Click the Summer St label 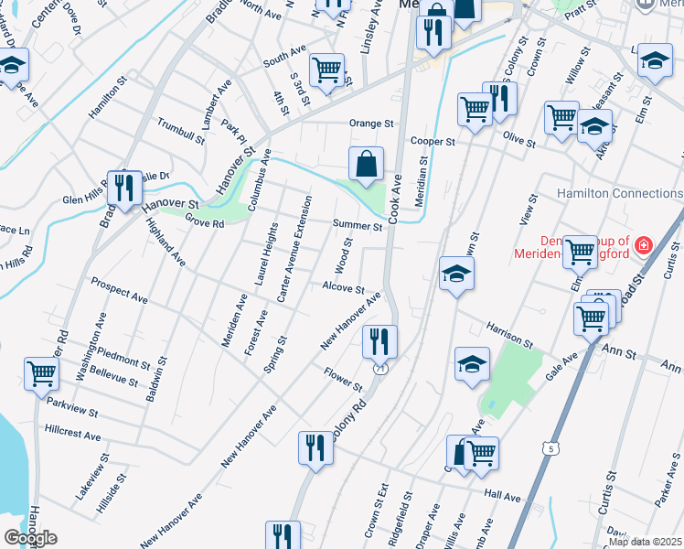(x=358, y=225)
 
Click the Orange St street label (x=371, y=124)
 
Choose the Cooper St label (x=433, y=142)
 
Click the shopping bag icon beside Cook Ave (x=366, y=166)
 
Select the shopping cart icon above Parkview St (x=42, y=373)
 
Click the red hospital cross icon (x=644, y=245)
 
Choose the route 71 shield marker (x=379, y=366)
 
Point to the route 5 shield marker (x=549, y=447)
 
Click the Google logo (x=30, y=537)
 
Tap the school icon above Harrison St (x=456, y=274)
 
